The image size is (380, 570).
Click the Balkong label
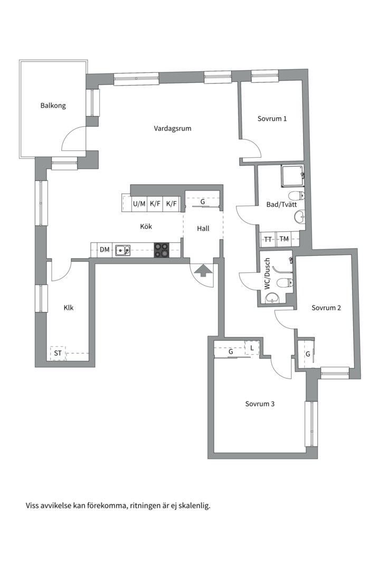click(53, 106)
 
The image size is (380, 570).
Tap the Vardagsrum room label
click(173, 128)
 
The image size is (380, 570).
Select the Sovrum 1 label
click(272, 119)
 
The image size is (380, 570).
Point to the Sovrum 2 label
click(326, 308)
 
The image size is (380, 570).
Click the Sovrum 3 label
click(260, 404)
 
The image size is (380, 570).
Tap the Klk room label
click(69, 308)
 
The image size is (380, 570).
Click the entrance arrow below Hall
click(203, 271)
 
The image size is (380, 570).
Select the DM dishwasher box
click(104, 250)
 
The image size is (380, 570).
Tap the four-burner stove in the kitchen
click(161, 250)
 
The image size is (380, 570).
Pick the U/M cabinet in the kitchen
click(139, 204)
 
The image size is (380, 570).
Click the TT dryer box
click(268, 239)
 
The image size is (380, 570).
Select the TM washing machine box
click(284, 239)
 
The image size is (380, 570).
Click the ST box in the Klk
click(58, 353)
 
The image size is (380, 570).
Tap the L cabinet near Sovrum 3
click(252, 347)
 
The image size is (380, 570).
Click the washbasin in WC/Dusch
click(272, 298)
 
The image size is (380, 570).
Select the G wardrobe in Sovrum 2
click(308, 354)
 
